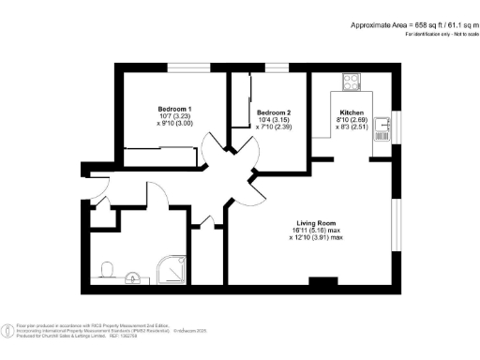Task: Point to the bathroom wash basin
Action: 134,277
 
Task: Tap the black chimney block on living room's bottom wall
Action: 322,280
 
